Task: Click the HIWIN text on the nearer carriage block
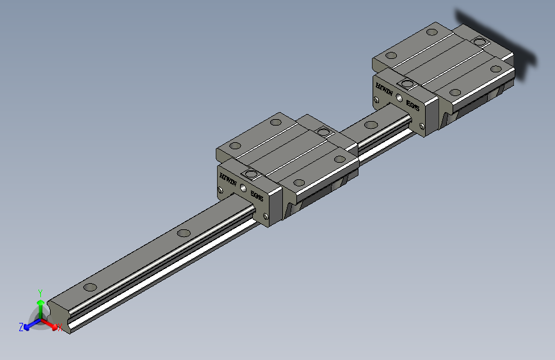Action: click(229, 179)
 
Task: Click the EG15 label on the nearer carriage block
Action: click(257, 193)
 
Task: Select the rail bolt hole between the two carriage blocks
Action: click(371, 124)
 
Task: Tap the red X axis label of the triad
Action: click(60, 329)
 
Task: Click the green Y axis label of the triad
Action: click(40, 292)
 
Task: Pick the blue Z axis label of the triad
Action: click(21, 327)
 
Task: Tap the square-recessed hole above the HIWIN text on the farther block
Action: click(406, 83)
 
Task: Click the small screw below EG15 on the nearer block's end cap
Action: click(266, 216)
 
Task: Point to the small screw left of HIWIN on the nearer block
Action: click(221, 190)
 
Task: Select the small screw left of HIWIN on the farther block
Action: click(376, 99)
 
